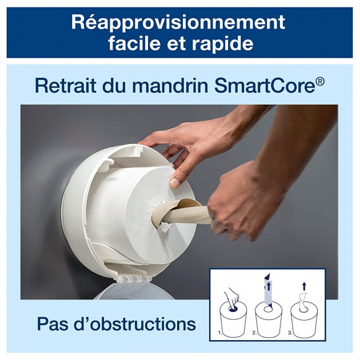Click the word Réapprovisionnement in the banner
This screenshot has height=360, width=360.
178,23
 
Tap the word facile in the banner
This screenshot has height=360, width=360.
135,43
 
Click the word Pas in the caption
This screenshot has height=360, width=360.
54,324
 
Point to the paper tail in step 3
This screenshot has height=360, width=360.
303,302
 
